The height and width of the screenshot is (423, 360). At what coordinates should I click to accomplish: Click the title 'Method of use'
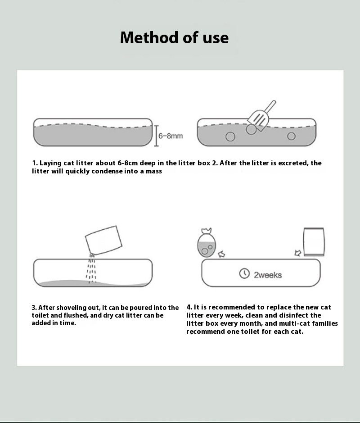[x=174, y=37]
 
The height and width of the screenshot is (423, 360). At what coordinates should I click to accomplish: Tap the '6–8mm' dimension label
[x=171, y=136]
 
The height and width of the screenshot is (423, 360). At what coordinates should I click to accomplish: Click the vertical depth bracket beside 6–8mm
[x=157, y=136]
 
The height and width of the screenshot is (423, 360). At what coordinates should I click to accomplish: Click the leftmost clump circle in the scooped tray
[x=230, y=136]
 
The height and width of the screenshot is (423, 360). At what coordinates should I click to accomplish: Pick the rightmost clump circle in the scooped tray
[x=292, y=136]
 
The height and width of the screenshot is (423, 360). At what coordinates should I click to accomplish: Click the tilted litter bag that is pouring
[x=104, y=240]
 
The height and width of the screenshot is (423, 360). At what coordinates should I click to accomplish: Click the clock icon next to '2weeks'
[x=244, y=273]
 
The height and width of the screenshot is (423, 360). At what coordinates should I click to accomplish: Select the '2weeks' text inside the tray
[x=268, y=275]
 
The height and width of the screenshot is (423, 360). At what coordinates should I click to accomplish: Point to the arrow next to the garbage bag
[x=221, y=255]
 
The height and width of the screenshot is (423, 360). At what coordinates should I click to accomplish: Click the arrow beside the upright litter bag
[x=297, y=254]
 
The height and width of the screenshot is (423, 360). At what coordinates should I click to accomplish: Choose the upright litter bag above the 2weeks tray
[x=314, y=242]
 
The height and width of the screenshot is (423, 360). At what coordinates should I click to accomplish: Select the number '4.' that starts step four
[x=189, y=307]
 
